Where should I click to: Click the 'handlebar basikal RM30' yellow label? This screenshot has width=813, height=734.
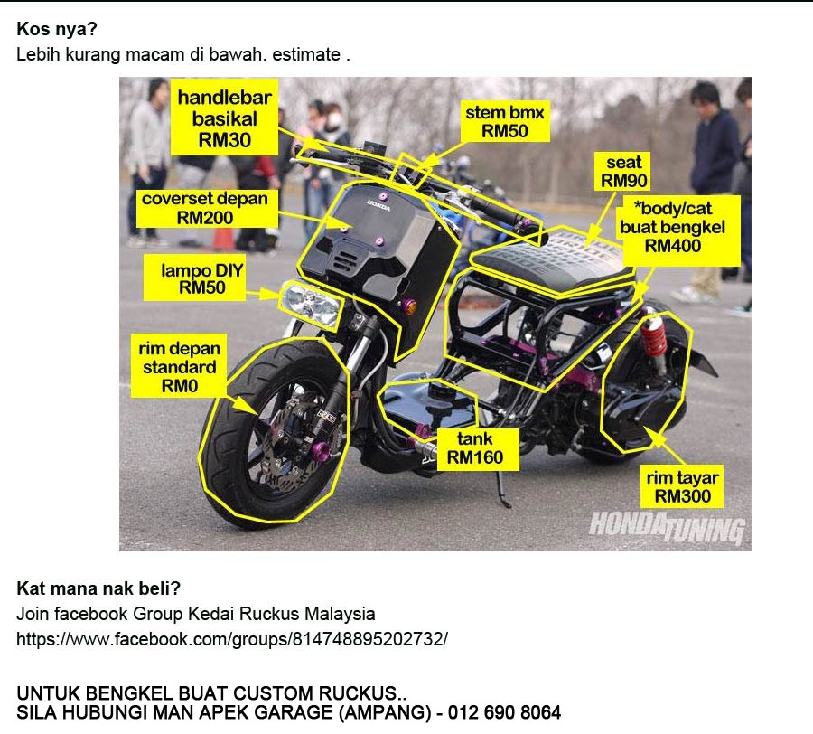[224, 118]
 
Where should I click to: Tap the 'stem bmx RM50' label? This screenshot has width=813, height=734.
[505, 121]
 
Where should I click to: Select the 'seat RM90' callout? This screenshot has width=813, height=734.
[623, 171]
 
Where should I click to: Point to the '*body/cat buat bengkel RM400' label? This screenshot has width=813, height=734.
[672, 227]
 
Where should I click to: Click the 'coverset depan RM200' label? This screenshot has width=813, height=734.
[206, 208]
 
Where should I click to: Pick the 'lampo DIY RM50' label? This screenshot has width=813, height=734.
[194, 278]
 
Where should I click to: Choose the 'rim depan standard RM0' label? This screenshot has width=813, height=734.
[179, 366]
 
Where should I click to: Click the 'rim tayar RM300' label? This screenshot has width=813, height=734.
[682, 486]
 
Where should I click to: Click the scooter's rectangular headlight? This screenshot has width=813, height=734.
[311, 305]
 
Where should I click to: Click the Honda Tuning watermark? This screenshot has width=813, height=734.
[668, 528]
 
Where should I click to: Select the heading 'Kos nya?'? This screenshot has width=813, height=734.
[57, 29]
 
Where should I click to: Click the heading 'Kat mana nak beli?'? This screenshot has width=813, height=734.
[98, 588]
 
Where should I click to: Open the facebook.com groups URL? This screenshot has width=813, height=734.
[232, 638]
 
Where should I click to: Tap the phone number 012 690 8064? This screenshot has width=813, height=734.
[504, 712]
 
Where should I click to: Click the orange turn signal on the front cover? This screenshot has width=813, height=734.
[409, 306]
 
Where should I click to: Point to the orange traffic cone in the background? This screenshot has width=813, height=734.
[224, 238]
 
